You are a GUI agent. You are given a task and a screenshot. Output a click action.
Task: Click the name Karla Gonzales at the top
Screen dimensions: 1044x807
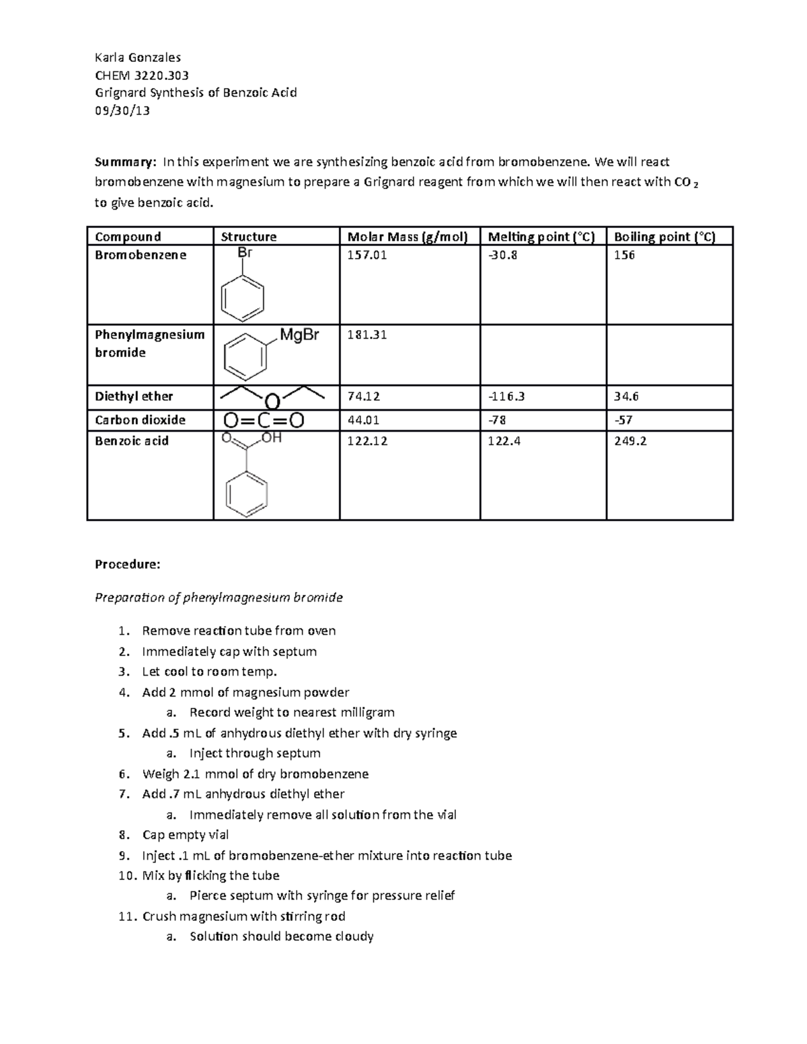pyautogui.click(x=138, y=57)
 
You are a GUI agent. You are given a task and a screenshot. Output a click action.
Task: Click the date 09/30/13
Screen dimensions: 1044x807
pyautogui.click(x=122, y=111)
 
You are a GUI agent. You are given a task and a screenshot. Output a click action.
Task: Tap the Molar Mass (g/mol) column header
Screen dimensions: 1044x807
pyautogui.click(x=407, y=237)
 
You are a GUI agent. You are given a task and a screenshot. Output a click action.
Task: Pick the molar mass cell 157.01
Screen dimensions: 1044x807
pyautogui.click(x=367, y=255)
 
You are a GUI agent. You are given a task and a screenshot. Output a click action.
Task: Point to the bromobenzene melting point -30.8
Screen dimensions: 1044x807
pyautogui.click(x=502, y=255)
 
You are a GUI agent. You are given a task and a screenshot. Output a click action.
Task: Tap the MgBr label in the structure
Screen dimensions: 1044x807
pyautogui.click(x=299, y=335)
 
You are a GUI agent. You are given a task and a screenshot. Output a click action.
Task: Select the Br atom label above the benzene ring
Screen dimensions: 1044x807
pyautogui.click(x=245, y=253)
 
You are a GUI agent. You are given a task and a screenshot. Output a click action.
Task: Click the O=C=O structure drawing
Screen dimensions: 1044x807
pyautogui.click(x=263, y=421)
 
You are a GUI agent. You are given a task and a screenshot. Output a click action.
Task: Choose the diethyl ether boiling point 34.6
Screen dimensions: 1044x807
pyautogui.click(x=626, y=397)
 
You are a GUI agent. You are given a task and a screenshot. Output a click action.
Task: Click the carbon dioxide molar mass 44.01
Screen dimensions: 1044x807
pyautogui.click(x=363, y=420)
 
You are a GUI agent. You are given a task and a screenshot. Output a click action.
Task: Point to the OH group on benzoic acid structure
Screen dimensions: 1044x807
pyautogui.click(x=272, y=438)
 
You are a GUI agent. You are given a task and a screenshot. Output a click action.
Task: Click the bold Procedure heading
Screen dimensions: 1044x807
pyautogui.click(x=128, y=565)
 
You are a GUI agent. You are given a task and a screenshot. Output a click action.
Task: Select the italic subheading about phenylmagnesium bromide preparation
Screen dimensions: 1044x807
pyautogui.click(x=219, y=598)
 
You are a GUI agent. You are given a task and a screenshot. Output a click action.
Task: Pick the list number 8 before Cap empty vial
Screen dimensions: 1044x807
pyautogui.click(x=123, y=835)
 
